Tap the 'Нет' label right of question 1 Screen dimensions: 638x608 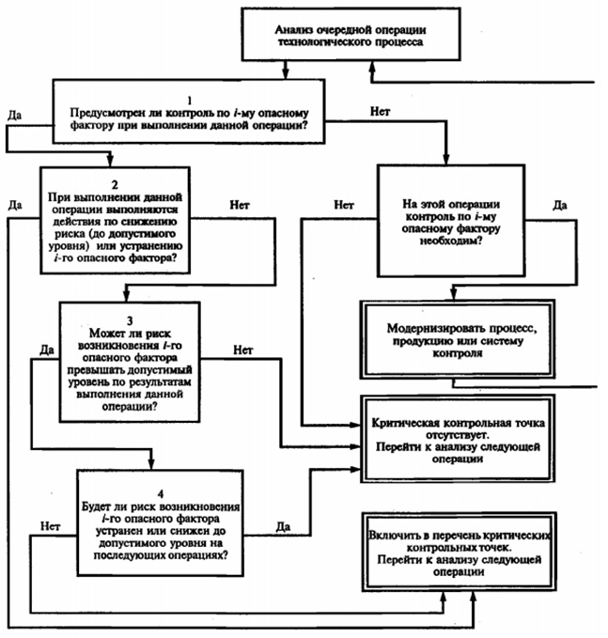381,111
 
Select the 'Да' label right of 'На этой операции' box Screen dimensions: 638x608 559,203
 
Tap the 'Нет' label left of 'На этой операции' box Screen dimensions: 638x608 344,203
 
